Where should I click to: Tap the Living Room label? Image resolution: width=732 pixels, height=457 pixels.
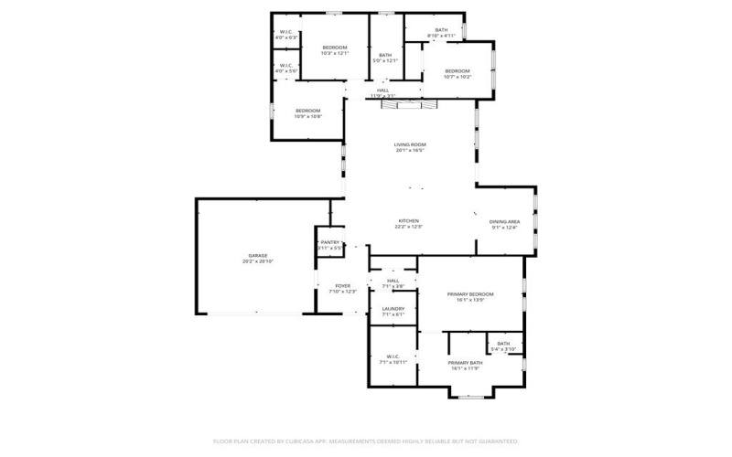(410, 144)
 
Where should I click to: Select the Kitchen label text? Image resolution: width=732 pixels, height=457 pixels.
(408, 221)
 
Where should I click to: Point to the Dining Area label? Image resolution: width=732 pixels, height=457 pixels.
(504, 222)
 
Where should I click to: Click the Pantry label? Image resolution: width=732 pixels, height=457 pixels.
(329, 242)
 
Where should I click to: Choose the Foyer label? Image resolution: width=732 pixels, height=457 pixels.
(342, 286)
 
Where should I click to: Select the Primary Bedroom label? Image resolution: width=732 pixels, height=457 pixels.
(470, 294)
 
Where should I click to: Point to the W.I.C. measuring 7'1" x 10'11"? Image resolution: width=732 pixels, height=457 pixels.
(393, 356)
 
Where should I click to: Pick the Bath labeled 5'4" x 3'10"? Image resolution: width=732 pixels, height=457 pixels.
(503, 344)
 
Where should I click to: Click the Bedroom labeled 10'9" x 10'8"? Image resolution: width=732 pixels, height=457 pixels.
(307, 111)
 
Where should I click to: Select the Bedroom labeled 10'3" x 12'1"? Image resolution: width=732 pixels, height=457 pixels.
(335, 48)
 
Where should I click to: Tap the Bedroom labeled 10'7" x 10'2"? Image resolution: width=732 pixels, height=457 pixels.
(457, 71)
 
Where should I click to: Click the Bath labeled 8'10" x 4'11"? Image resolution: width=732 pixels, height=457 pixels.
(442, 31)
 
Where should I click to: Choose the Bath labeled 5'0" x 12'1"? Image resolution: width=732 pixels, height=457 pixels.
(385, 55)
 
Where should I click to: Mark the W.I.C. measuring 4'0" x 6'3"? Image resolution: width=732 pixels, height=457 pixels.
(285, 33)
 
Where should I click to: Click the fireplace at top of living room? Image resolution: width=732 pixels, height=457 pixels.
(410, 106)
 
